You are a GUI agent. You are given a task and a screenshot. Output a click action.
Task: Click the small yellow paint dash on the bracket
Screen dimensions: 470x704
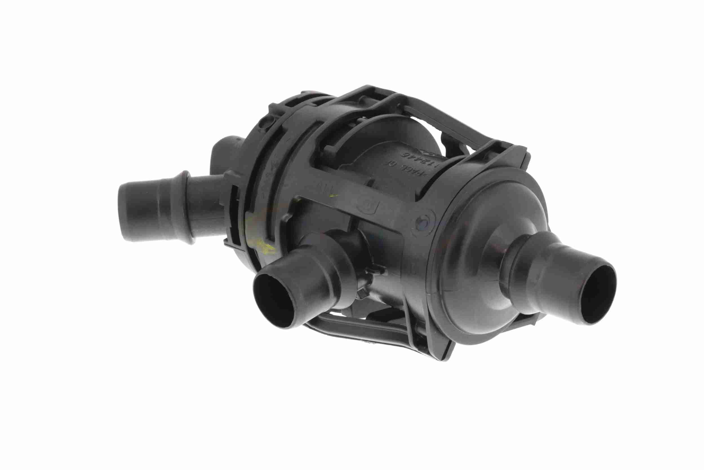tap(332, 196)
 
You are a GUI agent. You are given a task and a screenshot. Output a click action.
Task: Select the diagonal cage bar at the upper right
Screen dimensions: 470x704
tap(449, 120)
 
